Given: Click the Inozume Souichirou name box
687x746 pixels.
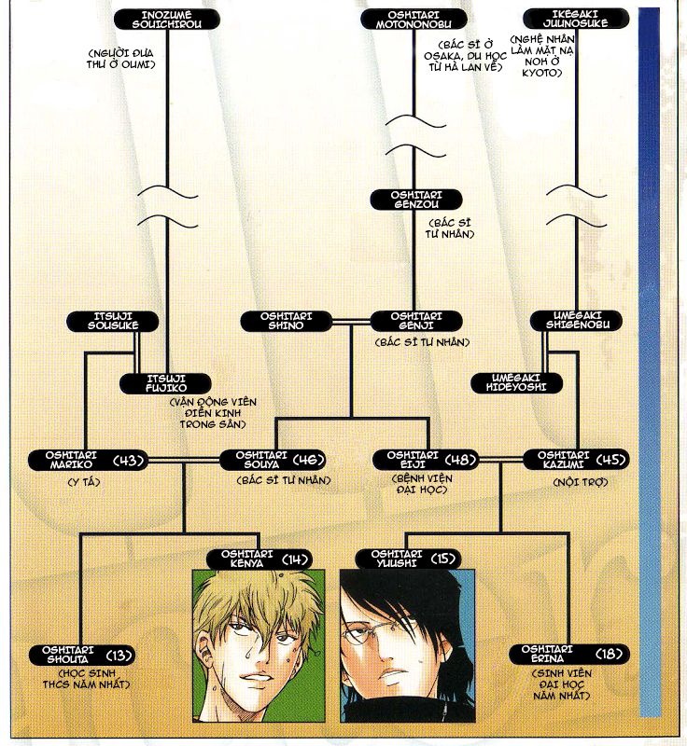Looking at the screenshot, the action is (167, 20).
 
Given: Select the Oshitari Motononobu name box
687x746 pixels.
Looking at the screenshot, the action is (414, 20).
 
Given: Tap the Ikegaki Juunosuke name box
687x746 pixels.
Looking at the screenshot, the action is (576, 19).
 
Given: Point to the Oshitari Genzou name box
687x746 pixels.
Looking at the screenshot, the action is (416, 200).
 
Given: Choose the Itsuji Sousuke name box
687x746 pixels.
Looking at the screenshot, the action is (113, 322).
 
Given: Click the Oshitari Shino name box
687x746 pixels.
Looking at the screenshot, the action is (287, 322).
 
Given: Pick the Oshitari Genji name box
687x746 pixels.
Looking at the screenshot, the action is (416, 321).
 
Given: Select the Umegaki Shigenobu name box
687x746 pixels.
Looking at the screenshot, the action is (577, 321).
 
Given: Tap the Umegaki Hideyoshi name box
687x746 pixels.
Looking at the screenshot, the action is (516, 383).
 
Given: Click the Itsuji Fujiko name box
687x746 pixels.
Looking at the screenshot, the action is (165, 384).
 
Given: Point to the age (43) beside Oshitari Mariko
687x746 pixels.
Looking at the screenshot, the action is (129, 461).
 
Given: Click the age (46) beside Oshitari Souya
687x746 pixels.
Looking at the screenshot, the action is (309, 460).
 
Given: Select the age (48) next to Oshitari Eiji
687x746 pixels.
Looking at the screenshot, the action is (461, 460).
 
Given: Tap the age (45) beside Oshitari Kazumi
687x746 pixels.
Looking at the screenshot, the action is (610, 460).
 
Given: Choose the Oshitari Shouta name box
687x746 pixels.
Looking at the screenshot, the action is (82, 656).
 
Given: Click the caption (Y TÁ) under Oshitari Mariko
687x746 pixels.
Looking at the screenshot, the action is (84, 482).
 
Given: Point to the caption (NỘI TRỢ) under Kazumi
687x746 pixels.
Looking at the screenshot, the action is (581, 482).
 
